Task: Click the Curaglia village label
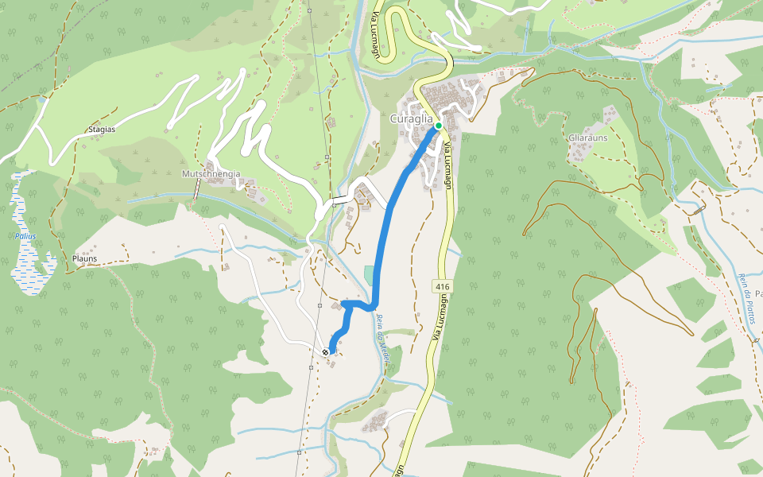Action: (412, 118)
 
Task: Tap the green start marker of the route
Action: (438, 126)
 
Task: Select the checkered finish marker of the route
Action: (326, 351)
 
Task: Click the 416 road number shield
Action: (443, 285)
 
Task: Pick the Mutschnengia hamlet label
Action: (211, 173)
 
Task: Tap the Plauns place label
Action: (84, 259)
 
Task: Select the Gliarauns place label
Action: (588, 137)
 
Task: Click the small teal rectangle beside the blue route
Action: (367, 274)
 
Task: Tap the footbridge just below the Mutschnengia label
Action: (196, 189)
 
